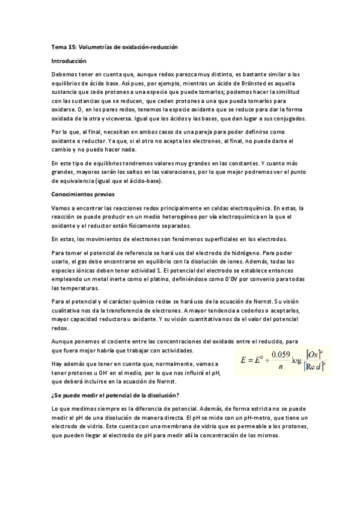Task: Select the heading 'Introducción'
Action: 69,61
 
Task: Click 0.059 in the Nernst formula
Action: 280,354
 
